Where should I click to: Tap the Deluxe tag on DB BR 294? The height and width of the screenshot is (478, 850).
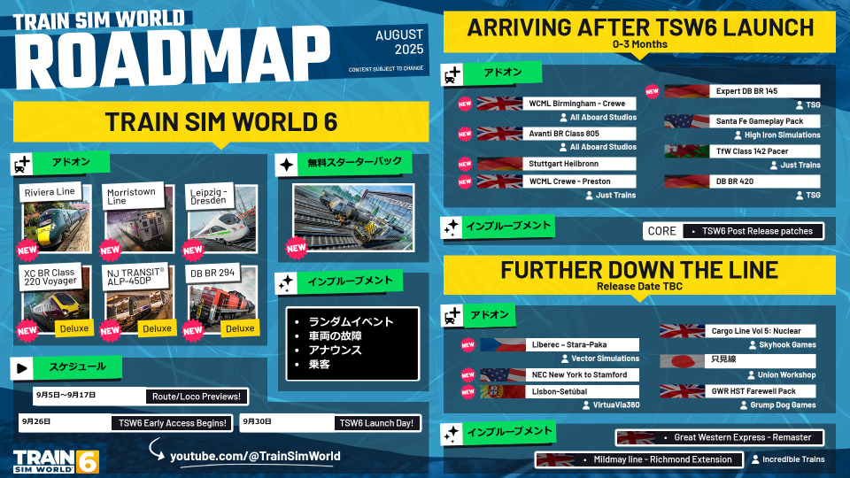239,328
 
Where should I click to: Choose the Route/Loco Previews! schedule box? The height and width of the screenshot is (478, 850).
198,396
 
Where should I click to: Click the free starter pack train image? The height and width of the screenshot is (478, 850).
352,218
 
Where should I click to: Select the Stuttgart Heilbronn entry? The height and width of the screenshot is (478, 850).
581,164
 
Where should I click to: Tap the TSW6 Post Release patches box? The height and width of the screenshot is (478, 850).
757,231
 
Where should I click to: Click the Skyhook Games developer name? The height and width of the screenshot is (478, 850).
785,344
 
